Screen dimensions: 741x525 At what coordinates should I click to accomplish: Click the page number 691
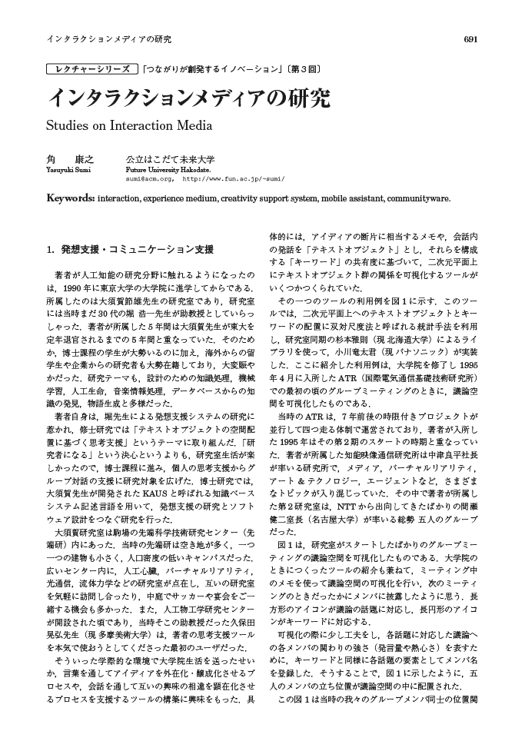coord(470,39)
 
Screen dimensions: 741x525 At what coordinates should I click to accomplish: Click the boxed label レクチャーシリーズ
coord(93,69)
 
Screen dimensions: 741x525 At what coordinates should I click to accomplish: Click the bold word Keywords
coord(71,198)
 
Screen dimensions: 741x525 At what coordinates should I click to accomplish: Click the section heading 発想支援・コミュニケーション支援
coord(137,250)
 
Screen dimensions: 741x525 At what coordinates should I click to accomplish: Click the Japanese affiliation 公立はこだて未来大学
coord(170,159)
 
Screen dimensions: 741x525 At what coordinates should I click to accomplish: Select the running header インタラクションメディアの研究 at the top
coord(108,39)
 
